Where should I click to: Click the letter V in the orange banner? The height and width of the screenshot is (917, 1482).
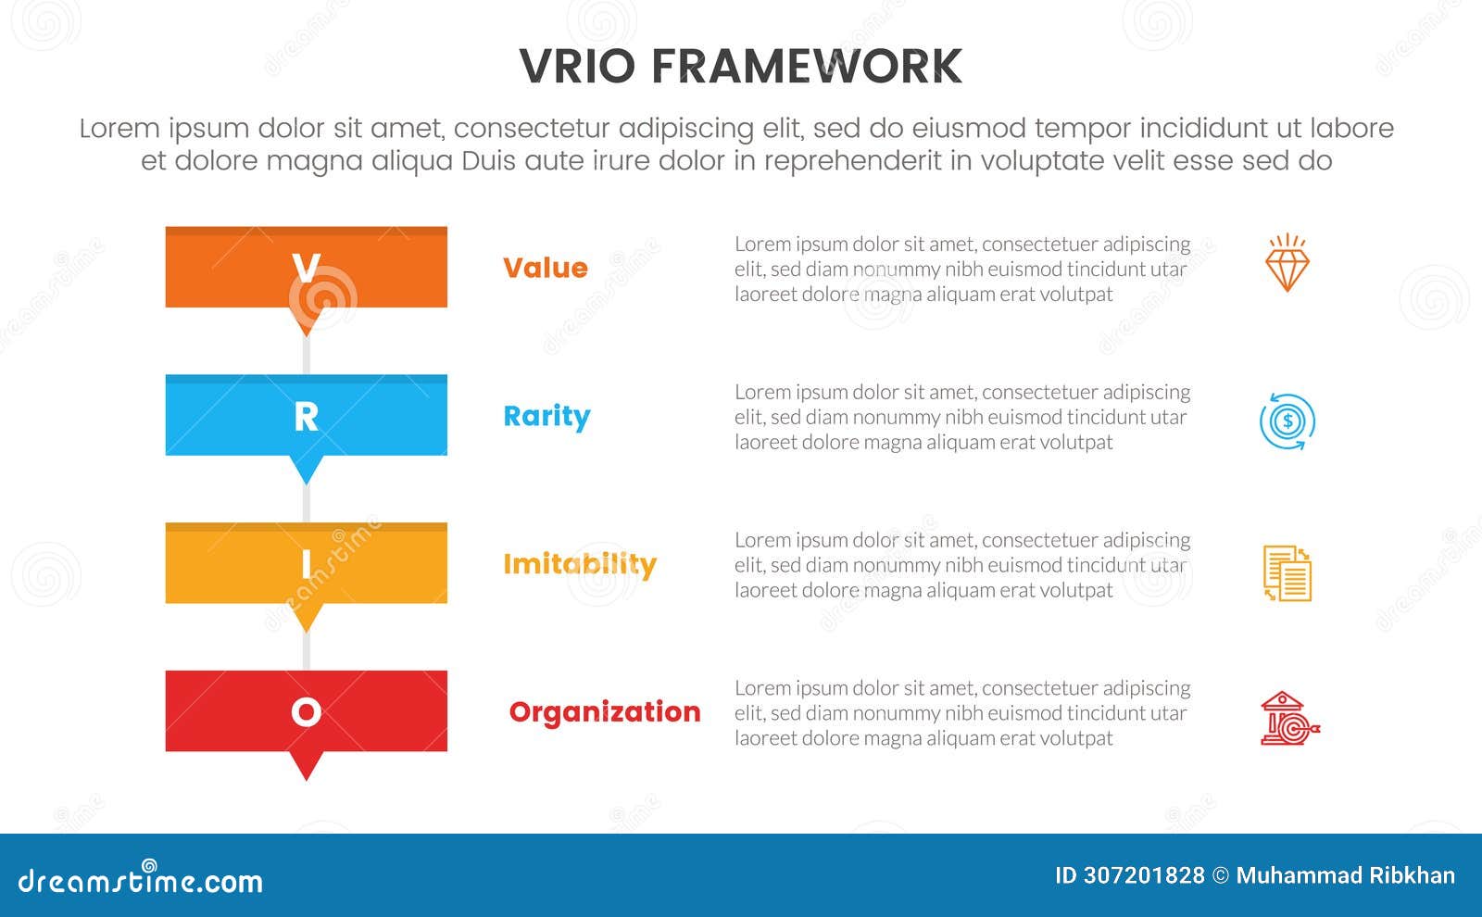pos(306,268)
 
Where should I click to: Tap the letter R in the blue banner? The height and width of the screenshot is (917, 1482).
pos(306,417)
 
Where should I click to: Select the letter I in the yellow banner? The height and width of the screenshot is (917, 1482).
pos(306,564)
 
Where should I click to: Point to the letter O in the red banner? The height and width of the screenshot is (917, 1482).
pos(306,711)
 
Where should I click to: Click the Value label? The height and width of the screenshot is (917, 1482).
pos(545,268)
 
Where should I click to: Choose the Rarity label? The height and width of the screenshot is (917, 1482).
pos(546,417)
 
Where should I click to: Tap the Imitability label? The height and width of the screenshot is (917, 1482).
pos(579,564)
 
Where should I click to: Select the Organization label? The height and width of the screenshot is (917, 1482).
pos(604,711)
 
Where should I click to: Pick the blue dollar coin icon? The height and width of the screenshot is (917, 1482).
pos(1287,422)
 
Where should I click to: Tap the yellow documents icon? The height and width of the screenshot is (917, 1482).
pos(1287,573)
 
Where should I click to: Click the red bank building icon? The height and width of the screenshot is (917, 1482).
pos(1288,720)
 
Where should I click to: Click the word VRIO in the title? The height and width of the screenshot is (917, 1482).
pos(577,67)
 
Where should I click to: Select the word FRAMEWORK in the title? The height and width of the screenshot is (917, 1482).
pos(806,67)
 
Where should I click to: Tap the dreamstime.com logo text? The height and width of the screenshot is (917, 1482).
pos(140,880)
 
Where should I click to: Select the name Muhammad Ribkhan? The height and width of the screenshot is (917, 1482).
pos(1345,875)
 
